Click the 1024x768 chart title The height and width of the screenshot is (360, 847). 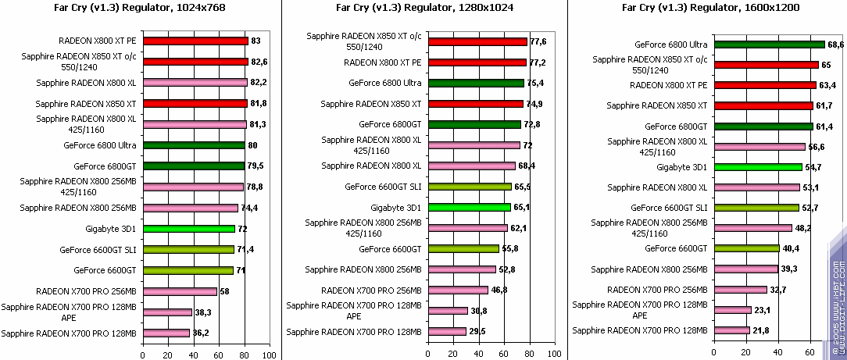(x=141, y=8)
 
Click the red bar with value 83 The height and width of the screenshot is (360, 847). (x=195, y=41)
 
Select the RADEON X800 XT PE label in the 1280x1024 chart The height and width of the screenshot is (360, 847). (x=383, y=62)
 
